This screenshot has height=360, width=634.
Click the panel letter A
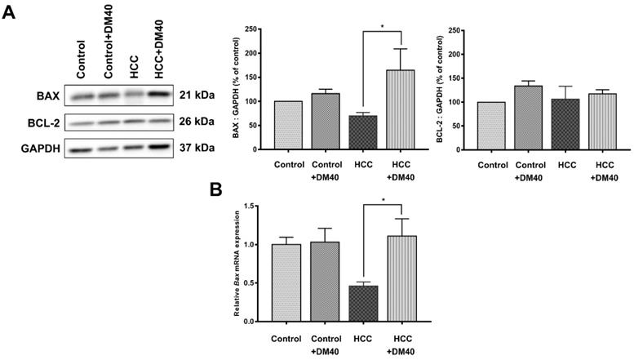pyautogui.click(x=11, y=14)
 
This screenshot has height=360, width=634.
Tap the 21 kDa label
pyautogui.click(x=197, y=95)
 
